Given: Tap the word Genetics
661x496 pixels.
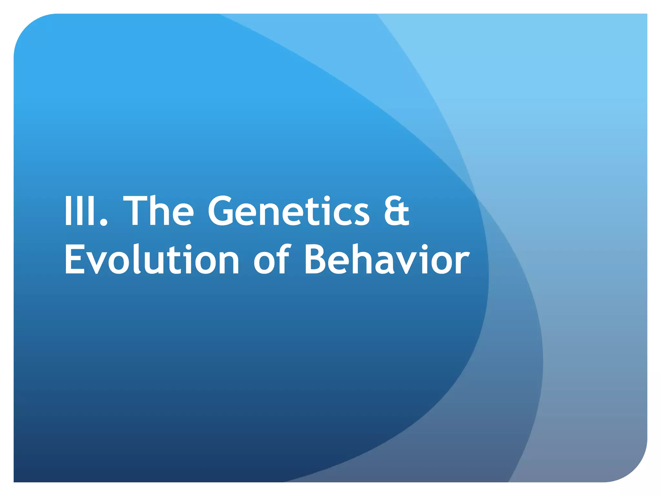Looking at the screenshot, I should click(288, 212).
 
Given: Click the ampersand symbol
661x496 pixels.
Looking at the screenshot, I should click(396, 212).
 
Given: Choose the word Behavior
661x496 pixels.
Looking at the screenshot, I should click(387, 260).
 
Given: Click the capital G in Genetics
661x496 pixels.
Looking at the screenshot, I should click(223, 212).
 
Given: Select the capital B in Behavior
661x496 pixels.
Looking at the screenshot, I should click(316, 260).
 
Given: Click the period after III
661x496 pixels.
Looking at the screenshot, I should click(104, 222).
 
